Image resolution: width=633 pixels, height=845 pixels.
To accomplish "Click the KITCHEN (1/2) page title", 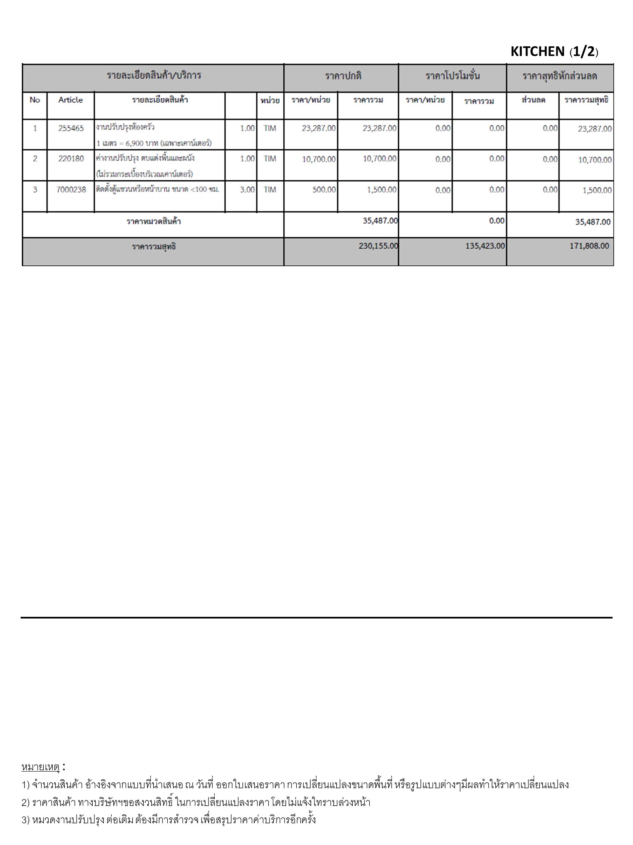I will click(x=554, y=51).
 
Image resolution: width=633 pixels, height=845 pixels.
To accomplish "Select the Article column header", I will click(x=70, y=100).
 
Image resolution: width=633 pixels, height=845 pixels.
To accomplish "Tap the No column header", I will click(x=35, y=100).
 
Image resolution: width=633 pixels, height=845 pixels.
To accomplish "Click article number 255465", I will click(x=71, y=128).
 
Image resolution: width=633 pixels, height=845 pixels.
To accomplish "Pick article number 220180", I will click(x=71, y=158).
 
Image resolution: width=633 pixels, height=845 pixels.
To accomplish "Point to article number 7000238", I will click(x=71, y=190).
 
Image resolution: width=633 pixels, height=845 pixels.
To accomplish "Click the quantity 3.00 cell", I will click(x=247, y=190).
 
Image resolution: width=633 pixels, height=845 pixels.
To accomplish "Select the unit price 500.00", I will click(x=324, y=190).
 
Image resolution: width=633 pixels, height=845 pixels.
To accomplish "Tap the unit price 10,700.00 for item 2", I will click(x=319, y=159).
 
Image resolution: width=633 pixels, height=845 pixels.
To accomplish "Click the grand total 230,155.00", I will click(x=378, y=246).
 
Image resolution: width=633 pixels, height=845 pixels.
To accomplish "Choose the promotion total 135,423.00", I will click(x=485, y=246).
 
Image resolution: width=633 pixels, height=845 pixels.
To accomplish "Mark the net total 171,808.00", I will click(x=589, y=246).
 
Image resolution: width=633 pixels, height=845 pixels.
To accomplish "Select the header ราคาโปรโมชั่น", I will click(x=452, y=76).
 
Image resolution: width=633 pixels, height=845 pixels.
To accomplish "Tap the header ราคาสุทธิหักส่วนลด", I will click(x=560, y=76).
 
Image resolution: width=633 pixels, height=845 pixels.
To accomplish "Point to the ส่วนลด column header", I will click(x=533, y=100).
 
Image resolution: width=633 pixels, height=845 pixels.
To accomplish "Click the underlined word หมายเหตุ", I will click(x=41, y=767).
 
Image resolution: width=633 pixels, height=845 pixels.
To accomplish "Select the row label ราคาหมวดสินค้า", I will click(x=153, y=222).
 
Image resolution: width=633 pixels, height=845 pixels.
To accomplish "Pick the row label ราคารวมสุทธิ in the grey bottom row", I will click(x=154, y=247).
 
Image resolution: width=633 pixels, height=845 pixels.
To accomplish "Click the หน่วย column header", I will click(x=270, y=100).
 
